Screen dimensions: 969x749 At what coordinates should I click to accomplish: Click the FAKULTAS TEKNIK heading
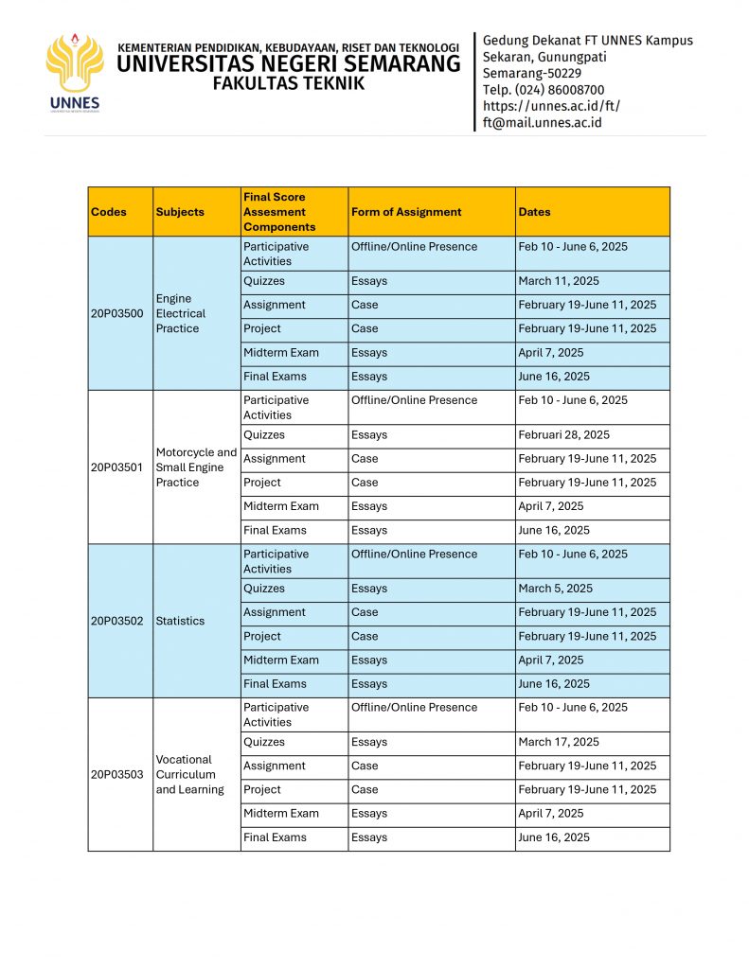(288, 83)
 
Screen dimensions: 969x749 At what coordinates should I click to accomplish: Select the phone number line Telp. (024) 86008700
(543, 90)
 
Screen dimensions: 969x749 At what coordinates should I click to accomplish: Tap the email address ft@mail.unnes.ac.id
(542, 122)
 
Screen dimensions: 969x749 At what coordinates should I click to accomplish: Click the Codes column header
(109, 212)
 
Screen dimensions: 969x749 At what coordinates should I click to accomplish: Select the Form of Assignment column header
(406, 212)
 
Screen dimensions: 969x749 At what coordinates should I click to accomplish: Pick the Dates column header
(534, 212)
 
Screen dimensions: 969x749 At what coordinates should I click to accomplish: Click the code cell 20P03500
(117, 313)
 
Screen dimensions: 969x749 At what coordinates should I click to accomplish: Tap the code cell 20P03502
(117, 621)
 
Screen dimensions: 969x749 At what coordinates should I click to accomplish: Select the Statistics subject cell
(180, 621)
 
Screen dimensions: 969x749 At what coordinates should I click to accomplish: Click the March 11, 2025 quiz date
(559, 281)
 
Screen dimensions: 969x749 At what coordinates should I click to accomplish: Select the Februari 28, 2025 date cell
(564, 435)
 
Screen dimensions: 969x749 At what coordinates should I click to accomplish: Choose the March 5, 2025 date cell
(556, 589)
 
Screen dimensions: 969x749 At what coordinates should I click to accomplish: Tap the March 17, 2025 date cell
(559, 742)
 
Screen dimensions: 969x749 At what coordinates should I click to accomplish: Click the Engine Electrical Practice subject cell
(180, 313)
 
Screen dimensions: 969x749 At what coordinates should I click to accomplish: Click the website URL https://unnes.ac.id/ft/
(551, 106)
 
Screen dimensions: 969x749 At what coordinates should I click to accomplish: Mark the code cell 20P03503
(117, 774)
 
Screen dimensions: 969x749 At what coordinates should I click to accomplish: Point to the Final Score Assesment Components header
(279, 212)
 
